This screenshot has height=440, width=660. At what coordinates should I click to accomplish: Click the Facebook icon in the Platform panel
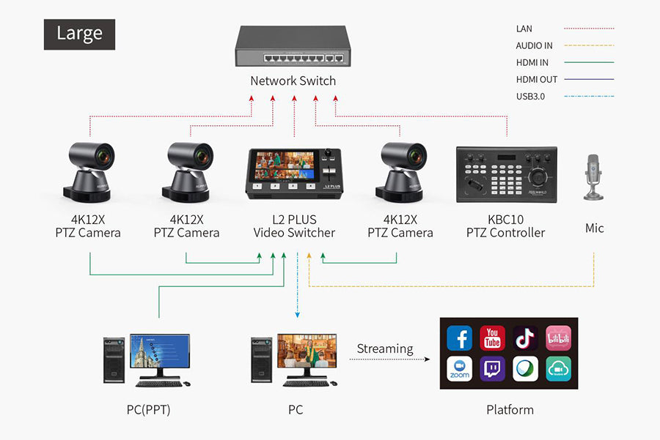[x=459, y=338]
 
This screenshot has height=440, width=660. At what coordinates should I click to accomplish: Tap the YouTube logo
[x=492, y=338]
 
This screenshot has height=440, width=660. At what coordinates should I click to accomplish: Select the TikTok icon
[x=525, y=338]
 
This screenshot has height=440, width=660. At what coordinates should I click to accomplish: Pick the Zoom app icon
[x=459, y=368]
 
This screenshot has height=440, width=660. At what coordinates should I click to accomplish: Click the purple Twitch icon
[x=492, y=368]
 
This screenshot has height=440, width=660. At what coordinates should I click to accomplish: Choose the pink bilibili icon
[x=559, y=338]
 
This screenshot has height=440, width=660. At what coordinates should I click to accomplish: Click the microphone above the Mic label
[x=593, y=177]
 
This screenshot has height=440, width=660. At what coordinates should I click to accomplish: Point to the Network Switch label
[x=293, y=81]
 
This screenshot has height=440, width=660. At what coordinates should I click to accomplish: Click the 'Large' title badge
[x=79, y=34]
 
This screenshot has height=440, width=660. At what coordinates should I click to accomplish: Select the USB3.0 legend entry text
[x=530, y=96]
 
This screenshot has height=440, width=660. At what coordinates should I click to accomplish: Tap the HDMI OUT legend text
[x=537, y=79]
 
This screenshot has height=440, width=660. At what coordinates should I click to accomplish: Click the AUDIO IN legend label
[x=534, y=45]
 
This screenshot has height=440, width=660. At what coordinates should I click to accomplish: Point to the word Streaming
[x=385, y=348]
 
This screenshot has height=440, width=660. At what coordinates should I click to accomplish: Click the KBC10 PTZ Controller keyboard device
[x=507, y=174]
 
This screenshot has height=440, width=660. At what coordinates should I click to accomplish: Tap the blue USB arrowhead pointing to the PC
[x=298, y=315]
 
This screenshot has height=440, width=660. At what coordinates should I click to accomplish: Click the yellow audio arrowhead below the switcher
[x=309, y=256]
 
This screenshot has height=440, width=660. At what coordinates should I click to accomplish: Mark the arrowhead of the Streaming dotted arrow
[x=428, y=359]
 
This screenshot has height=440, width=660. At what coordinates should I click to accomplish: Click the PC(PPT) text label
[x=149, y=410]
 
